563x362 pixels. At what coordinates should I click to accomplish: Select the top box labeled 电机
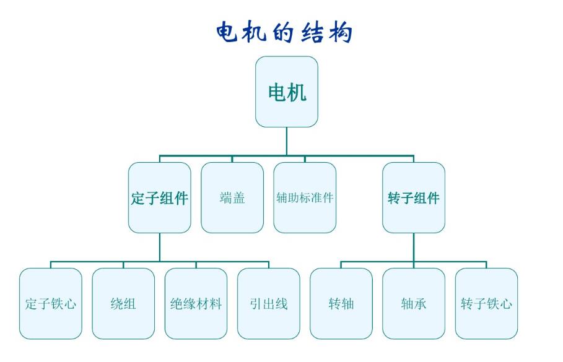click(287, 92)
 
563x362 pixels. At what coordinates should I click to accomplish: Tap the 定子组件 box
click(159, 198)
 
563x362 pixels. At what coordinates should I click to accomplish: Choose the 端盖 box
click(232, 198)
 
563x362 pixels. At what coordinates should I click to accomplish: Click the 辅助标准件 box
click(305, 198)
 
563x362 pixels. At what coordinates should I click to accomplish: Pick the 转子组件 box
click(413, 198)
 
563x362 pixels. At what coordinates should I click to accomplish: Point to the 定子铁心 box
click(51, 304)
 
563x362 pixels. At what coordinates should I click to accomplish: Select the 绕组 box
click(123, 304)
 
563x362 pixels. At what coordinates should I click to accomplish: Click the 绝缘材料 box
click(196, 304)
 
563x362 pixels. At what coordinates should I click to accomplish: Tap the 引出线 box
click(268, 304)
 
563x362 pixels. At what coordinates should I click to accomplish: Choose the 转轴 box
click(341, 304)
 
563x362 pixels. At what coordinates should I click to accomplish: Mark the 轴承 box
click(414, 304)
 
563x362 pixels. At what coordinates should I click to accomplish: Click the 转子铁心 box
click(486, 304)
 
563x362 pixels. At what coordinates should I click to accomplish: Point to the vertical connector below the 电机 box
click(287, 141)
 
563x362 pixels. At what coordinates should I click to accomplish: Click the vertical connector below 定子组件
click(159, 247)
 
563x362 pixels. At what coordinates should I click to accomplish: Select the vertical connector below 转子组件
click(414, 247)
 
